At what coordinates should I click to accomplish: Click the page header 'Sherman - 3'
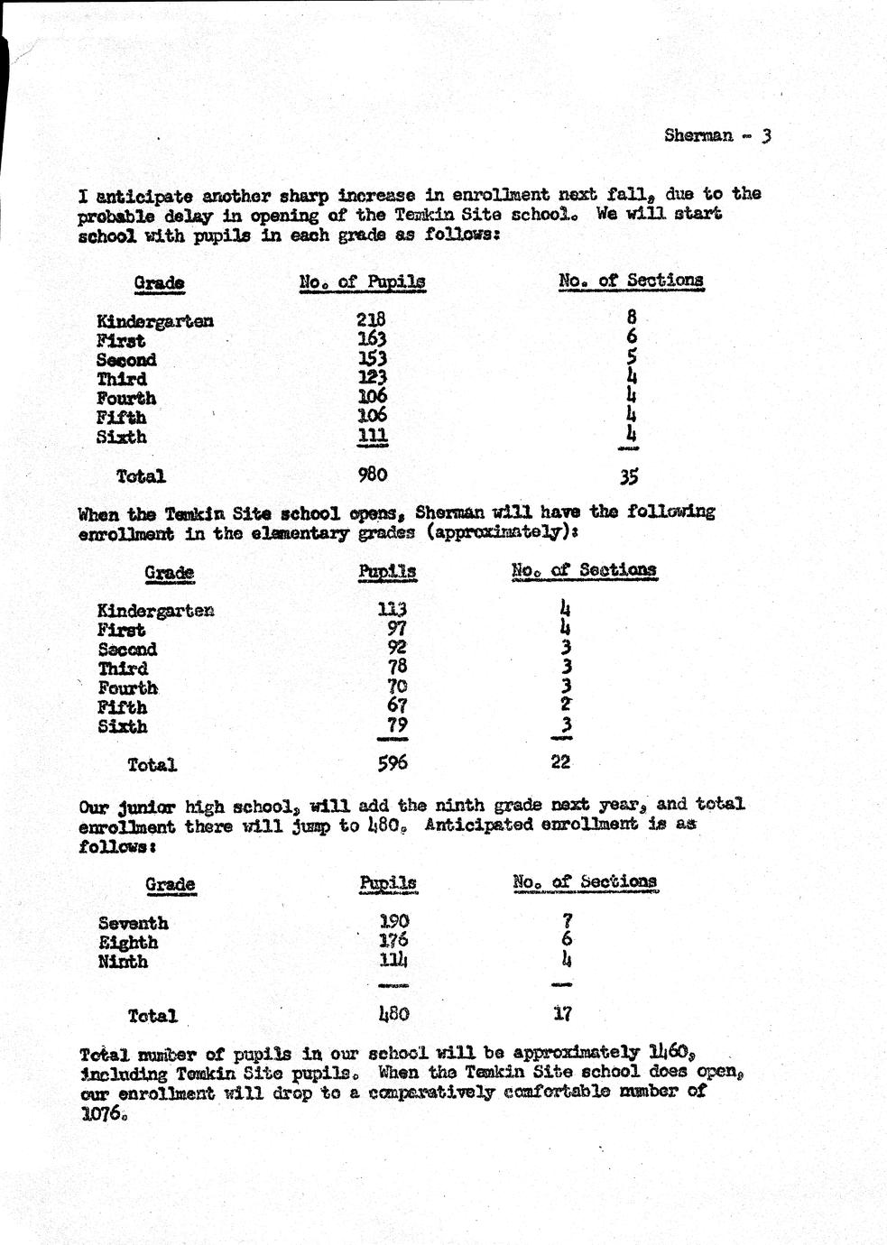pos(717,136)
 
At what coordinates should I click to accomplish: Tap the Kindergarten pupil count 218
pos(371,318)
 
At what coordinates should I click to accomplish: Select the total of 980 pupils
pos(372,474)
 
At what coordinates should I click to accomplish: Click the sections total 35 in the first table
pos(629,476)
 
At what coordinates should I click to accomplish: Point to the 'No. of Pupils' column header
pos(362,282)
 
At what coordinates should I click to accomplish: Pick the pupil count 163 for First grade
pos(371,339)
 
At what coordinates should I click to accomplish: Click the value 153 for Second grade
pos(371,358)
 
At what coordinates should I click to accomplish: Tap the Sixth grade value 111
pos(372,436)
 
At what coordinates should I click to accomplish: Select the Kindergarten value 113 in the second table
pos(393,609)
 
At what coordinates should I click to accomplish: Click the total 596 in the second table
pos(393,763)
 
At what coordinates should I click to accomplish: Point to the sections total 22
pos(560,761)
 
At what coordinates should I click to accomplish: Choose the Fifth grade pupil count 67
pos(397,705)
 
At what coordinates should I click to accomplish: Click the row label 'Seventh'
pos(134,923)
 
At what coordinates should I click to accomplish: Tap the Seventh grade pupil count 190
pos(394,921)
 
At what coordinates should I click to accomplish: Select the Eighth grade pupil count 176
pos(394,941)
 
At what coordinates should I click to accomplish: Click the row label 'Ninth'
pos(123,962)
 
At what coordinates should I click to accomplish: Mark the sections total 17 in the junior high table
pos(562,1013)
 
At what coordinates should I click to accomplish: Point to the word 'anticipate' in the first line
pos(149,196)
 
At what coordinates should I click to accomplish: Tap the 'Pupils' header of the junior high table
pos(388,882)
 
